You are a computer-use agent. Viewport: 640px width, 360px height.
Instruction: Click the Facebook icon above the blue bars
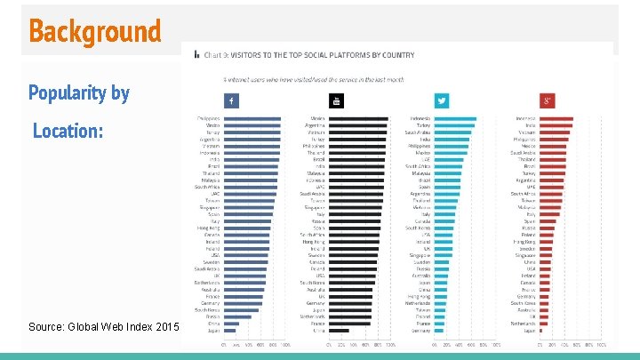(231, 100)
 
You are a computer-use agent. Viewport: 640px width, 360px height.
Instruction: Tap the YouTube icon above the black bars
(337, 100)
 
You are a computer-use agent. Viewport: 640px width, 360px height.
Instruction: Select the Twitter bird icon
(442, 100)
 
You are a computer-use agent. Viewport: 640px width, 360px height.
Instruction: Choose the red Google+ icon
(548, 100)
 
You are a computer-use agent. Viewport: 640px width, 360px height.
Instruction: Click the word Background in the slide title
(94, 31)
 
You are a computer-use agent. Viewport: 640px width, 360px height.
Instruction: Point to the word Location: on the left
(68, 132)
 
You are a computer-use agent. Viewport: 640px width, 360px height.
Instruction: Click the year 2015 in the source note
(167, 327)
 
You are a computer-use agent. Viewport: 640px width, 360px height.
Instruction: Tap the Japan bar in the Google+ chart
(546, 331)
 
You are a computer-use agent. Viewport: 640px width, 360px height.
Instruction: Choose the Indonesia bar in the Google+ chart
(556, 119)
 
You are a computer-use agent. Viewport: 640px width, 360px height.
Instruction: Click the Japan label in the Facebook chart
(213, 331)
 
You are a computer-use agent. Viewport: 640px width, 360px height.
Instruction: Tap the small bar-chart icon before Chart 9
(197, 54)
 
